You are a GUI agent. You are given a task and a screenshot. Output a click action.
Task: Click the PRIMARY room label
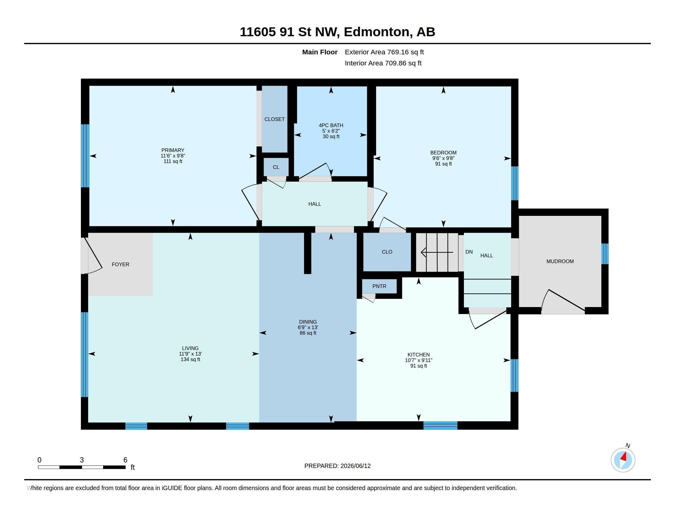[x=173, y=150]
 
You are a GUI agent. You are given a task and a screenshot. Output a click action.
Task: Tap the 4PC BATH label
[x=331, y=125]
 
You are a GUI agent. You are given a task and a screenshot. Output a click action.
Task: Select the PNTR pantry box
[x=379, y=286]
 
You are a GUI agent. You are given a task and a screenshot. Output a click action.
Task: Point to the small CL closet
[x=276, y=167]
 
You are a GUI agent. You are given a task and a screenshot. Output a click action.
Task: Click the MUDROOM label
[x=560, y=261]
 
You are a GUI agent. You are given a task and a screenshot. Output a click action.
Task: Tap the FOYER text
[x=121, y=264]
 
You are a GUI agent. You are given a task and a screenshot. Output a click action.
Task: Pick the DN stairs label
[x=469, y=252]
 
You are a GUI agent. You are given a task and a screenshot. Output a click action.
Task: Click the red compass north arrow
[x=624, y=457]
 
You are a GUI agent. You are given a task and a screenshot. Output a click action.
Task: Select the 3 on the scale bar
[x=82, y=460]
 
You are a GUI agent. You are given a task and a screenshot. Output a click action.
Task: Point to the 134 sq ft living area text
[x=191, y=359]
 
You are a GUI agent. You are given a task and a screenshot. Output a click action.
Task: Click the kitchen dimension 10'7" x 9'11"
[x=418, y=360]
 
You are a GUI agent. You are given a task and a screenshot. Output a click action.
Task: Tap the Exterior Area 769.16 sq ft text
[x=384, y=52]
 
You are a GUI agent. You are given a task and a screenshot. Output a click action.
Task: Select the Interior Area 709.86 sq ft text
[x=383, y=63]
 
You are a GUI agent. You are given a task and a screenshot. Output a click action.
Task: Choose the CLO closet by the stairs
[x=387, y=252]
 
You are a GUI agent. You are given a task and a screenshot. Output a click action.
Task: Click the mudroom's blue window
[x=605, y=254]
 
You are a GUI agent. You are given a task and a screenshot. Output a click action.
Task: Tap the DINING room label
[x=308, y=322]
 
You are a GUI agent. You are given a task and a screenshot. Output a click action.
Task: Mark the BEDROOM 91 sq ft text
[x=443, y=164]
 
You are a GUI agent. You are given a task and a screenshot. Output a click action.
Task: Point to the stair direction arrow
[x=437, y=252]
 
